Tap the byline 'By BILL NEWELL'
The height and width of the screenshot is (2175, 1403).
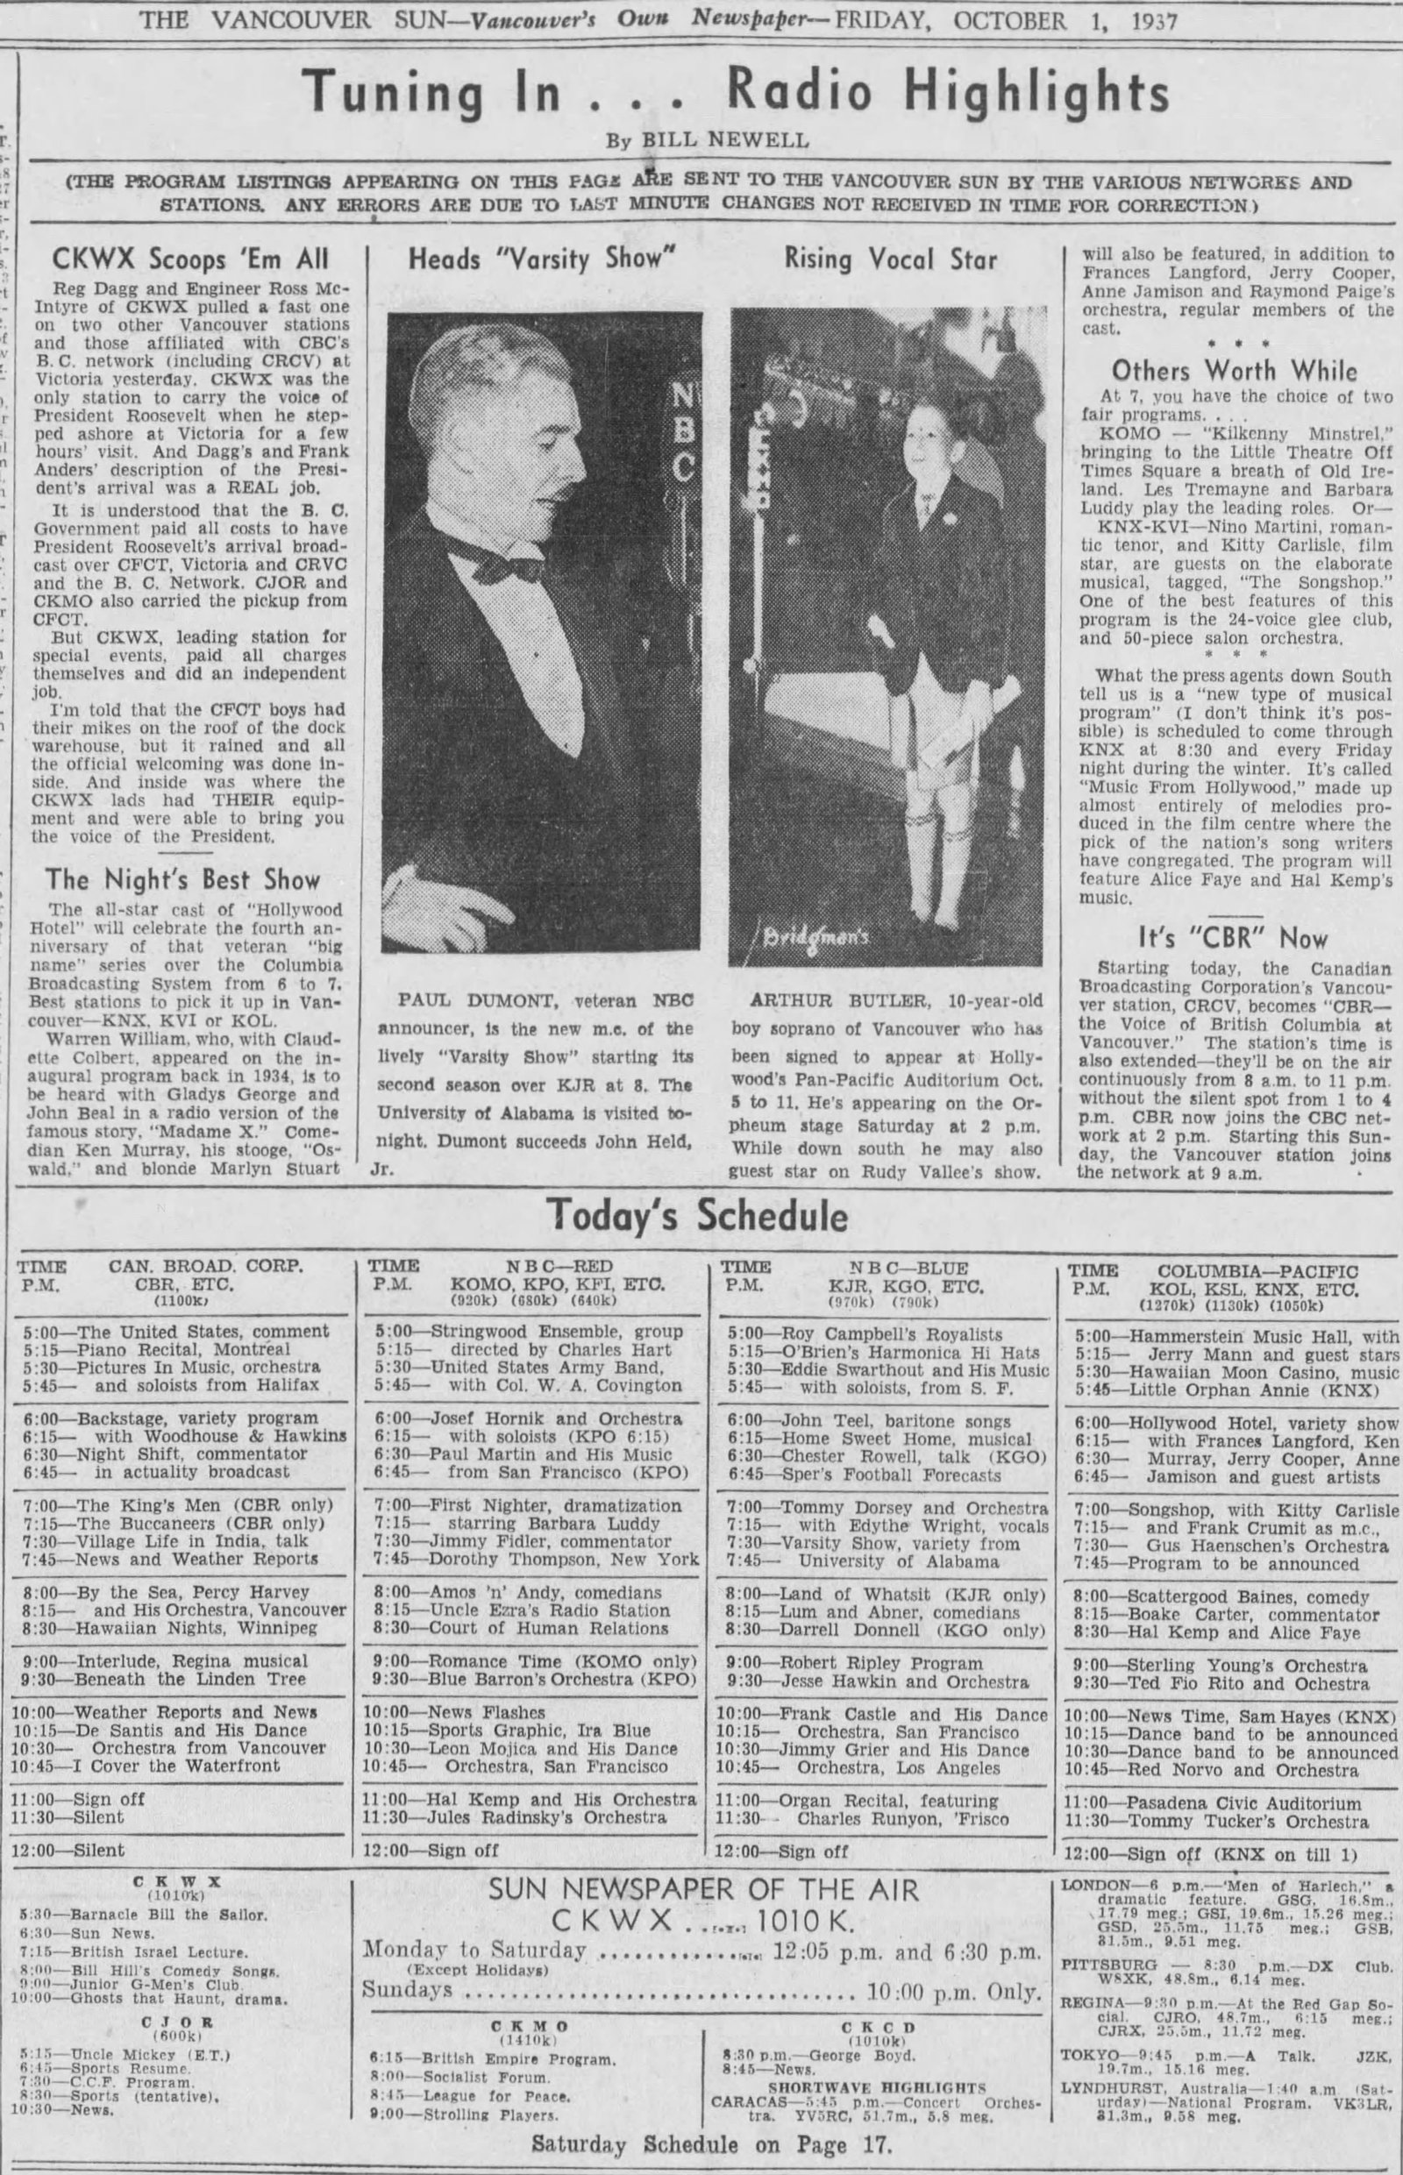pos(707,140)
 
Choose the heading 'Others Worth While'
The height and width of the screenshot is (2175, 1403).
pos(1235,371)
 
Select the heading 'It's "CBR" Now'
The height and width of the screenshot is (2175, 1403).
pos(1235,937)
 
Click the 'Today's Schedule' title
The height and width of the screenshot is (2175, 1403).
pos(698,1215)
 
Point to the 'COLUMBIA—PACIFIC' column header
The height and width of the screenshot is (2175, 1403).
pos(1257,1270)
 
